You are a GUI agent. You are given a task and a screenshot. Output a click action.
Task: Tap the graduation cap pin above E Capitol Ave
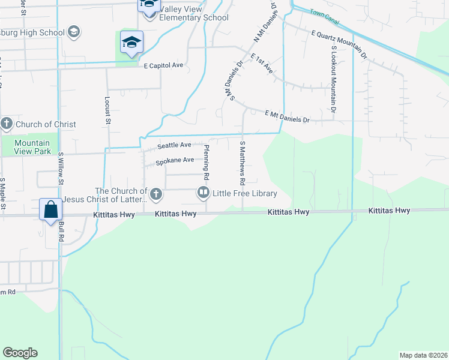[131, 43]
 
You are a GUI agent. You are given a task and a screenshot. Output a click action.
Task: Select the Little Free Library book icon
[203, 193]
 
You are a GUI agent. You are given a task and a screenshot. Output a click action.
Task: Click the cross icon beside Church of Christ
[7, 124]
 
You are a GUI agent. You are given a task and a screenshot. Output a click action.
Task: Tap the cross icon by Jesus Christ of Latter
[156, 193]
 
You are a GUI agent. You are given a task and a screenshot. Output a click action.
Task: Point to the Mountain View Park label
[32, 147]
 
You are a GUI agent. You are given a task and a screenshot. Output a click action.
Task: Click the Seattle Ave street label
[174, 145]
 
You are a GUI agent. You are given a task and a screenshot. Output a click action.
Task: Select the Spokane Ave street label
[175, 160]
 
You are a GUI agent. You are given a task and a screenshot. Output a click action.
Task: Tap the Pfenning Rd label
[206, 163]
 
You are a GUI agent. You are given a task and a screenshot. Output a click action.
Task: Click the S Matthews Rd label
[243, 163]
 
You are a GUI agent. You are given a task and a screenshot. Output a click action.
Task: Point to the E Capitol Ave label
[163, 65]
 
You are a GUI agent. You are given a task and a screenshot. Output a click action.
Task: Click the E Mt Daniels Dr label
[287, 116]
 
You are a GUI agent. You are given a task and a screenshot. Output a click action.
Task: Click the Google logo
[20, 353]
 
